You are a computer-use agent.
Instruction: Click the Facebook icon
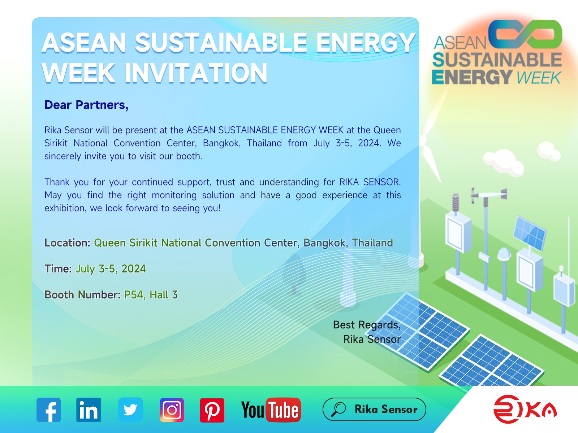click(48, 410)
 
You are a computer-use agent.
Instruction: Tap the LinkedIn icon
click(89, 410)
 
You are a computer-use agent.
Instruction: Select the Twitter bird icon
click(130, 410)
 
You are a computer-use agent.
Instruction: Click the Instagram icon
click(172, 410)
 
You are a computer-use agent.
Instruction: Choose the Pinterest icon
click(212, 410)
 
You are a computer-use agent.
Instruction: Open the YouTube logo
click(271, 410)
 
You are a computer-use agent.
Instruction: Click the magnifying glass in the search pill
click(338, 409)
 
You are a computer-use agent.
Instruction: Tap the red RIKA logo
click(525, 409)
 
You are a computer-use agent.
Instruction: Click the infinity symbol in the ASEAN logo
click(525, 34)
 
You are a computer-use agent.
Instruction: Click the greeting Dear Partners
click(86, 105)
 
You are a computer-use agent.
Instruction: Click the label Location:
click(67, 243)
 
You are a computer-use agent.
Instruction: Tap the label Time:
click(58, 269)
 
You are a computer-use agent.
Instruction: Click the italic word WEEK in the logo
click(538, 78)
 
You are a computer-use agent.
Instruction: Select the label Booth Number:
click(82, 295)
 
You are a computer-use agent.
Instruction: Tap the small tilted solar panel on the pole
click(530, 233)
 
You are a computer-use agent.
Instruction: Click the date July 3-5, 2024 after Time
click(111, 269)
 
